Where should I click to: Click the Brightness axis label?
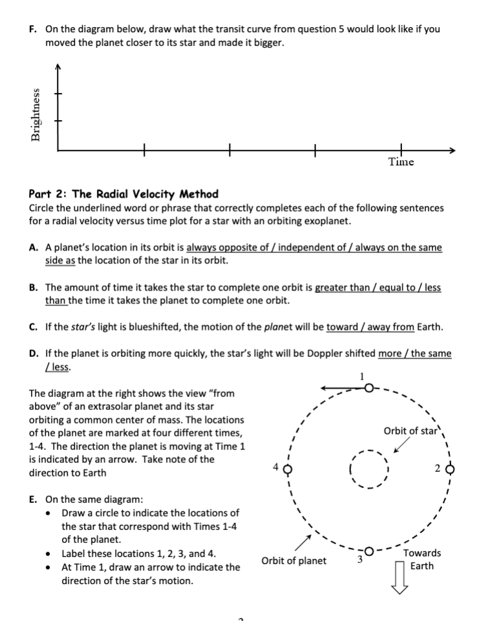[37, 114]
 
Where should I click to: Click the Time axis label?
[401, 162]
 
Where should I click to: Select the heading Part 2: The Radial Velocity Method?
[123, 194]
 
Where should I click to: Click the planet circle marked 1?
[368, 389]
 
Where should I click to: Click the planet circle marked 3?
[369, 551]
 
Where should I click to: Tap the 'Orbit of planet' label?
[294, 560]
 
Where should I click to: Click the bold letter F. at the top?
[34, 30]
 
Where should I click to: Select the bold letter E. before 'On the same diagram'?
[33, 499]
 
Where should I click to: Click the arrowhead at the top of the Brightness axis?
[58, 67]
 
